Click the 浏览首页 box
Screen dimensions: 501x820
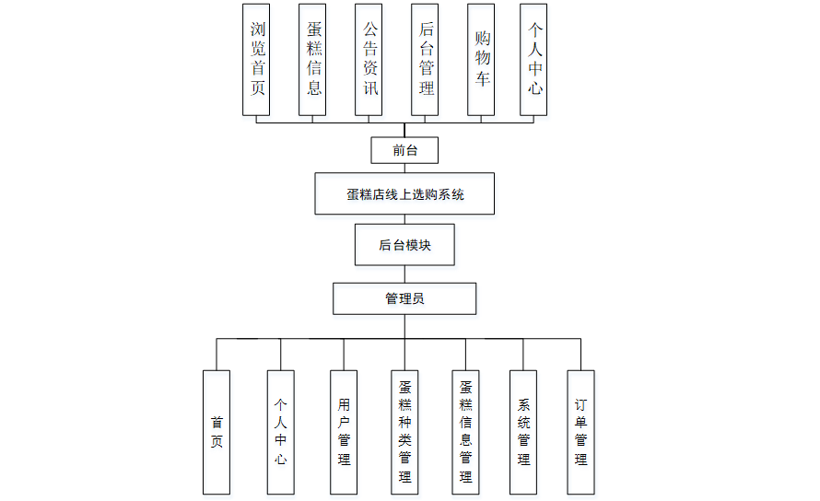pyautogui.click(x=256, y=60)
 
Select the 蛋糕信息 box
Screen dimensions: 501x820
pyautogui.click(x=313, y=60)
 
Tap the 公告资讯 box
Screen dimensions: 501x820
pyautogui.click(x=369, y=60)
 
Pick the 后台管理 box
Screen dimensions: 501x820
pyautogui.click(x=425, y=60)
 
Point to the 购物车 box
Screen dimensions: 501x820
pyautogui.click(x=481, y=60)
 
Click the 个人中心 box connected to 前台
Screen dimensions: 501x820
pyautogui.click(x=533, y=60)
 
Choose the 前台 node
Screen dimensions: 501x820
pyautogui.click(x=404, y=150)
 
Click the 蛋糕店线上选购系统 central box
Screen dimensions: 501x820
pyautogui.click(x=404, y=194)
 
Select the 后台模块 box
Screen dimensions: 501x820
pyautogui.click(x=404, y=245)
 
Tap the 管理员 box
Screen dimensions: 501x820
pyautogui.click(x=404, y=299)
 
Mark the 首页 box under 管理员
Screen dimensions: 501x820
pyautogui.click(x=217, y=433)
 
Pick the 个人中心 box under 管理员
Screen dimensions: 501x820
pyautogui.click(x=280, y=433)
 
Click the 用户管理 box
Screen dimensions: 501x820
pyautogui.click(x=344, y=433)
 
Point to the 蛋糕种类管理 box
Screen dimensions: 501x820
pyautogui.click(x=404, y=433)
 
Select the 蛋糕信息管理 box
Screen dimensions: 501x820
pyautogui.click(x=465, y=433)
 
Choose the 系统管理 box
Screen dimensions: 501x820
pyautogui.click(x=523, y=433)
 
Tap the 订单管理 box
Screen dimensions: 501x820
pyautogui.click(x=580, y=433)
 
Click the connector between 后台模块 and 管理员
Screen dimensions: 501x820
pyautogui.click(x=404, y=274)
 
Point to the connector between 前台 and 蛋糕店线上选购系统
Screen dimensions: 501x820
pyautogui.click(x=404, y=168)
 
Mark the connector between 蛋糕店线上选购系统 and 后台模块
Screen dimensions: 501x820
pyautogui.click(x=404, y=220)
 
